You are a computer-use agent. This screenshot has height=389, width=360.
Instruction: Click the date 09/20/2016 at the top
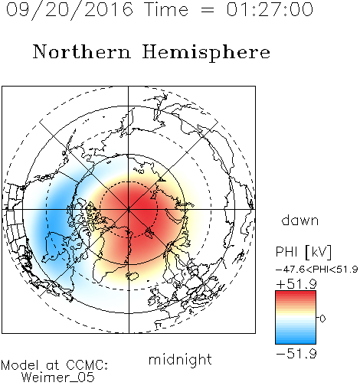click(70, 10)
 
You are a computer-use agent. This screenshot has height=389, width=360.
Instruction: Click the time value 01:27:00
click(270, 9)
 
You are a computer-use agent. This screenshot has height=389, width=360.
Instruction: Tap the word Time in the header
click(166, 9)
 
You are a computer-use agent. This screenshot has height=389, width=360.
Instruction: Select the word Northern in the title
click(82, 51)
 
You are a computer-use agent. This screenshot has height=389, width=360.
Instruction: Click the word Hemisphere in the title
click(206, 52)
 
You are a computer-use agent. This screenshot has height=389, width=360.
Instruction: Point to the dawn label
click(300, 220)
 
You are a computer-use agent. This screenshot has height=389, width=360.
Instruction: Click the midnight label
click(180, 359)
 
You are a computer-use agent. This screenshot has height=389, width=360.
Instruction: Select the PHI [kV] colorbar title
click(303, 252)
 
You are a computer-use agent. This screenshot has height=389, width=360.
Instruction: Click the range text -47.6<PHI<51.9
click(317, 269)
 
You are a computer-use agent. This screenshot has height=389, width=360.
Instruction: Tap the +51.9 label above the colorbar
click(296, 284)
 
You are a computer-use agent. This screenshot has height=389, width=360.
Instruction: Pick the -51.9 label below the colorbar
click(296, 354)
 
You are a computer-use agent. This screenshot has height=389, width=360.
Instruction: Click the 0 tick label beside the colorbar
click(322, 319)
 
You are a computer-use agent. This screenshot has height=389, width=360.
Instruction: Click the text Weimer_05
click(58, 378)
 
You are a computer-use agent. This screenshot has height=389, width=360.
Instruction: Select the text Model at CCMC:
click(54, 365)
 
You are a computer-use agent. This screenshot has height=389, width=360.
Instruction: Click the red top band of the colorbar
click(296, 295)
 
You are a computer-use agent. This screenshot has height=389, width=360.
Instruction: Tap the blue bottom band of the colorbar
click(296, 339)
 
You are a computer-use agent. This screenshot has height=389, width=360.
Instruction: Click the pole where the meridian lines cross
click(129, 209)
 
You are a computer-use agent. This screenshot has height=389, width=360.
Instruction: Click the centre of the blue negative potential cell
click(55, 217)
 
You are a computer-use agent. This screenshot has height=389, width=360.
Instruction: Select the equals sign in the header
click(208, 10)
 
